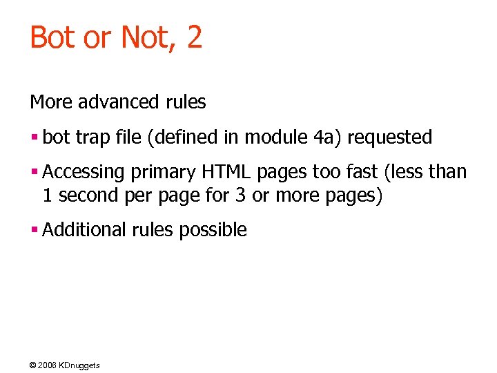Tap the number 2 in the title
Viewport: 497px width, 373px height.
[x=194, y=37]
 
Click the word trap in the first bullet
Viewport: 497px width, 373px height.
[x=97, y=137]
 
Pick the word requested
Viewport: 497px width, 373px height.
[x=389, y=137]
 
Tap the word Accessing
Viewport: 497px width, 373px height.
[x=84, y=172]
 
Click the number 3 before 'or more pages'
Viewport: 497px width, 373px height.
[x=240, y=195]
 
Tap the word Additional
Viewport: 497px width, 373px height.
[x=82, y=229]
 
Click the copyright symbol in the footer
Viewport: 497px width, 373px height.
[x=34, y=365]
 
